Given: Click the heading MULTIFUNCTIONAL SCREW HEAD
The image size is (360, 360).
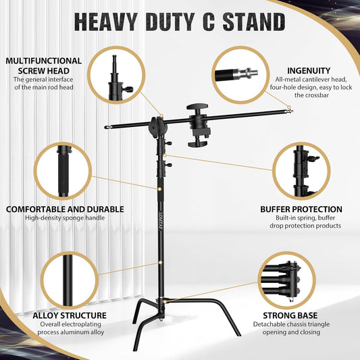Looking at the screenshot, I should coord(45,65).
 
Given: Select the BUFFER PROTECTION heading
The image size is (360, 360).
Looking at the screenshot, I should coord(301,209).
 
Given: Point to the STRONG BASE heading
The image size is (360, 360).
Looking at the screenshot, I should coord(302,315).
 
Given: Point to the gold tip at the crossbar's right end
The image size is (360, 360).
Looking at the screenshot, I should coord(289,108).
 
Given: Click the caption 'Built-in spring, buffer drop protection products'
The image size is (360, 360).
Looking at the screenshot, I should coord(301,222).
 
